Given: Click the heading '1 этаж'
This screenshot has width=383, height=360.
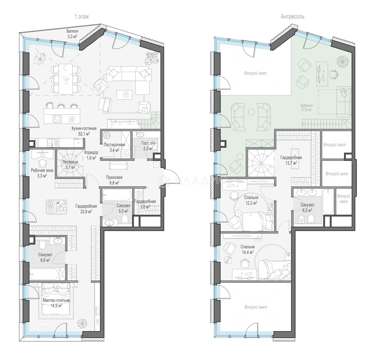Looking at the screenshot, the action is (82, 17).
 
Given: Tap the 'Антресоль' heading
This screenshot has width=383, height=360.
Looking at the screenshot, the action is (292, 17).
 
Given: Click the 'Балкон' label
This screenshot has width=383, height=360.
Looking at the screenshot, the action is (72, 31).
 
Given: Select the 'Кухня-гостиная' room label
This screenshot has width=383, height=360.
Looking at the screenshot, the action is (84, 128).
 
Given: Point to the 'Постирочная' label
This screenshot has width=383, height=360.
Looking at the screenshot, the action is (114, 145).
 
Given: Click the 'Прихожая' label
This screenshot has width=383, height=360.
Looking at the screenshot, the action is (114, 178).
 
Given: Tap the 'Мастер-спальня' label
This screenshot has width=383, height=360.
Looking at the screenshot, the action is (56, 300).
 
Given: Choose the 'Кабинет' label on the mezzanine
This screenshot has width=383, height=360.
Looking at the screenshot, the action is (307, 106).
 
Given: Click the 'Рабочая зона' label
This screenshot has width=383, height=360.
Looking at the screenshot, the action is (42, 170).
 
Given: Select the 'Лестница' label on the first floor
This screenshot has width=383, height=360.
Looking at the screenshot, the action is (70, 162).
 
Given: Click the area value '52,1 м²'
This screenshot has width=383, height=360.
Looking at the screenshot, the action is (84, 134).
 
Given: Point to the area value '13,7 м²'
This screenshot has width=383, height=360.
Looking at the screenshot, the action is (291, 163).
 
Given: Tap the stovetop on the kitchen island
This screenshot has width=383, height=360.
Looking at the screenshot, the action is (57, 119).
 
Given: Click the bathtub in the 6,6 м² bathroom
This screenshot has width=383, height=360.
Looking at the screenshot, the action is (44, 274).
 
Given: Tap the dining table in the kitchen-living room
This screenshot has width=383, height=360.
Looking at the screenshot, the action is (66, 79).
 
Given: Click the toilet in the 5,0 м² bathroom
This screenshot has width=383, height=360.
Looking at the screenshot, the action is (125, 219).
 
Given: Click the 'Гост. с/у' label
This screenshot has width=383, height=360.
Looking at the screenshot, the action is (148, 143).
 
